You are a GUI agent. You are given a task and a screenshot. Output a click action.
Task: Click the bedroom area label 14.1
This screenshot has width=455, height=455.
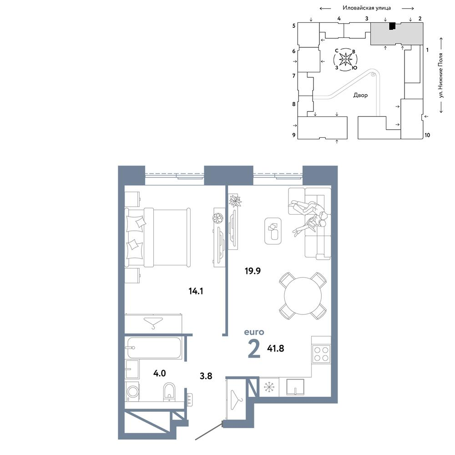[x=196, y=291]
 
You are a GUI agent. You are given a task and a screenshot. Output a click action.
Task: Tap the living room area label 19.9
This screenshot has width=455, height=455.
[x=253, y=271]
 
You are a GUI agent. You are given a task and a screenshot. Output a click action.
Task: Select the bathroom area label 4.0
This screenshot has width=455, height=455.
[x=159, y=373]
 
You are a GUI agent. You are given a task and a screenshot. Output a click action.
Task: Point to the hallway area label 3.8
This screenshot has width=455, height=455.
[x=206, y=376]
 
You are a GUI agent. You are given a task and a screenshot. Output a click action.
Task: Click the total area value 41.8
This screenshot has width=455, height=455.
[x=276, y=348]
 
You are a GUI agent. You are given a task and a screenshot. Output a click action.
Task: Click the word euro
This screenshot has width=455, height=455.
[x=254, y=332]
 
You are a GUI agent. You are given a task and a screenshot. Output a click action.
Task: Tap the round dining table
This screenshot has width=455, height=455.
[x=303, y=296]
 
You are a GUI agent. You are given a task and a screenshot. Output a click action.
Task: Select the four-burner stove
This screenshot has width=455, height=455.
[x=321, y=354]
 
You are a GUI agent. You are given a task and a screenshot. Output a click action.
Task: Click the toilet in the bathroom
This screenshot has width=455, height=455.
[x=169, y=392]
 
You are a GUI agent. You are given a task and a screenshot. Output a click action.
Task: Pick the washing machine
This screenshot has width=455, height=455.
[x=132, y=391]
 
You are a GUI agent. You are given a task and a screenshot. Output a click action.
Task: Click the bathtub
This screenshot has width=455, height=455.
[x=154, y=348]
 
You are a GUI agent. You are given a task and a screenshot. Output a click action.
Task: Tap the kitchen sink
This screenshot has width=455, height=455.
[x=295, y=387]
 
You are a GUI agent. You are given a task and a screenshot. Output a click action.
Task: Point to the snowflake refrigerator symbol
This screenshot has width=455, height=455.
[x=269, y=387]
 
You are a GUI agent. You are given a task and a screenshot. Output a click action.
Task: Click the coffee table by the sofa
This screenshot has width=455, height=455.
[x=273, y=231]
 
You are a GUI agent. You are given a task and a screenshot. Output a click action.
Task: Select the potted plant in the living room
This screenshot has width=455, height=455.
[x=235, y=201]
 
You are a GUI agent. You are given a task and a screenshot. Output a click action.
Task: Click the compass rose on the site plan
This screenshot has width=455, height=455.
[x=346, y=60]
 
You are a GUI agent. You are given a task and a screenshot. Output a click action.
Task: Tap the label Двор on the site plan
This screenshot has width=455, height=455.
[x=360, y=95]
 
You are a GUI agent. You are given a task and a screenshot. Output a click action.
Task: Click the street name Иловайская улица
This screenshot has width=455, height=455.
[x=367, y=8]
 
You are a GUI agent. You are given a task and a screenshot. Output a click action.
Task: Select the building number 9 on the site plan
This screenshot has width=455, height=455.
[x=293, y=135]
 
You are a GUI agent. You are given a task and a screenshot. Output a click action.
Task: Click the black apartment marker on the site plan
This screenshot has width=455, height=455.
[x=392, y=26]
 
